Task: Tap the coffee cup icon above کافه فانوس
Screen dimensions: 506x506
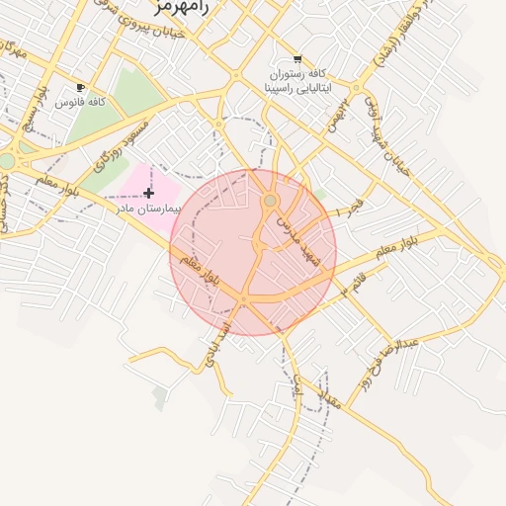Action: (x=80, y=87)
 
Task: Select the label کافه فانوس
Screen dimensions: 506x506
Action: (x=81, y=102)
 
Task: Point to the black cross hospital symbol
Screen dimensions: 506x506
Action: (x=148, y=192)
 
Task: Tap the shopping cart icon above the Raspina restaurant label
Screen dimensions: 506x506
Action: (x=297, y=59)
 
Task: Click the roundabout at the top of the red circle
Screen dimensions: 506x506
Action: (x=270, y=202)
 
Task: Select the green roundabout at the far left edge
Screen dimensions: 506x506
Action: (x=6, y=160)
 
